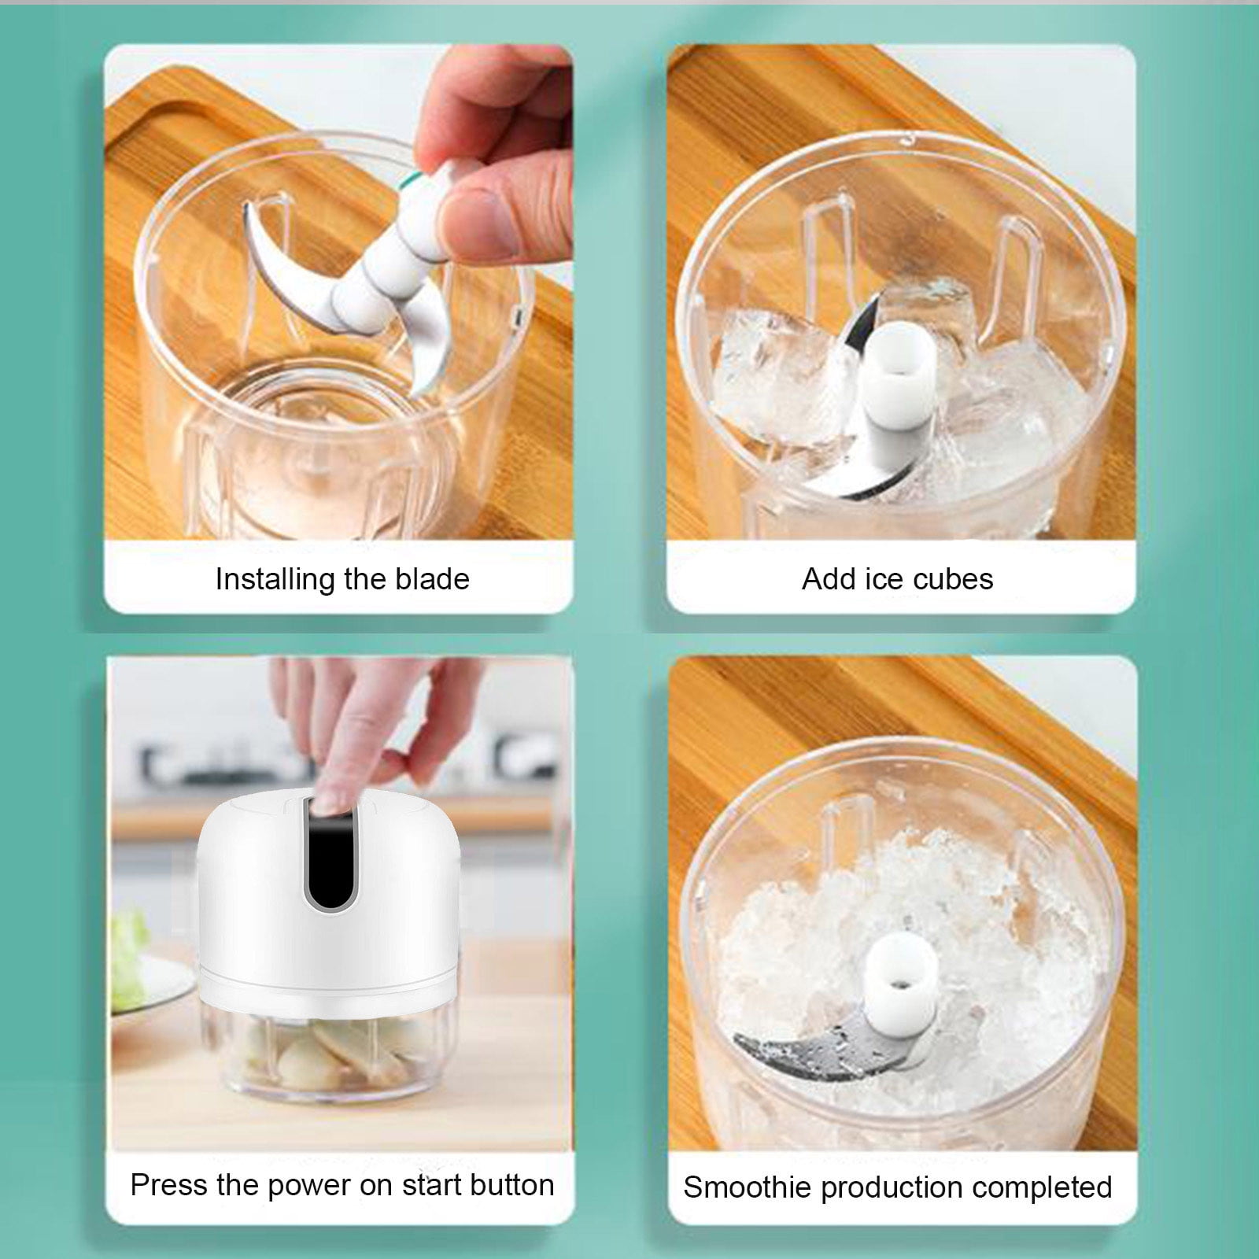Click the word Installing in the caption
(275, 580)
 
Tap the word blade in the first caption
(432, 578)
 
